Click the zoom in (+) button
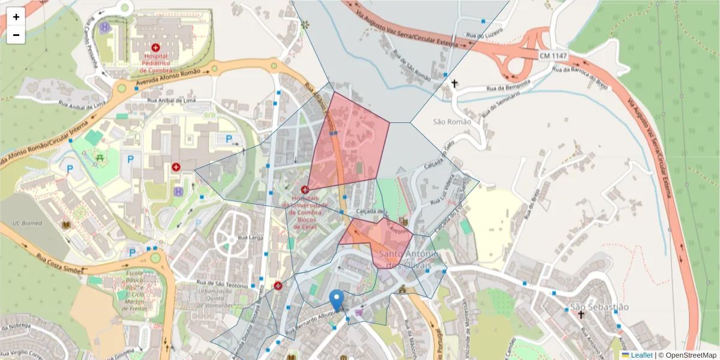[x=16, y=17]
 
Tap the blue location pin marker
[x=337, y=299]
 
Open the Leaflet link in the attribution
[x=641, y=355]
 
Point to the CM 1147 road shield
[x=552, y=55]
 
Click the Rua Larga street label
[x=251, y=238]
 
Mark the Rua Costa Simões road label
[x=58, y=264]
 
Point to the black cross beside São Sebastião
[x=581, y=314]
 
